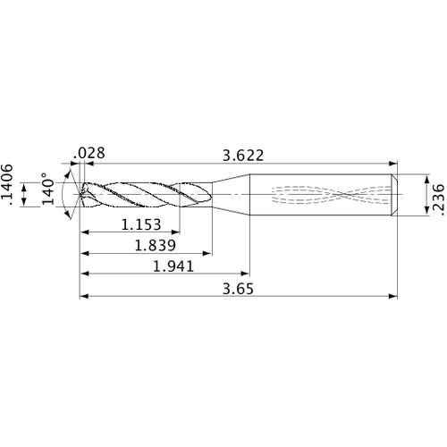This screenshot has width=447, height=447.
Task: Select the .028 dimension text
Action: [91, 154]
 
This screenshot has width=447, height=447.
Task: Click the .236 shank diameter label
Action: [437, 194]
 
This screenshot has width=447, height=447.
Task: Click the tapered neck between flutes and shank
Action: [231, 193]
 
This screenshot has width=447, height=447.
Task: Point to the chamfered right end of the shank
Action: [394, 193]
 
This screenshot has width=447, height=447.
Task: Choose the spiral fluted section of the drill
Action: [143, 193]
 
